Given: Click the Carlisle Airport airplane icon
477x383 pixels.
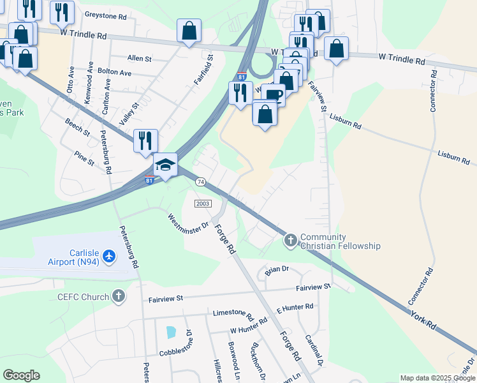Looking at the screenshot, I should click(109, 256).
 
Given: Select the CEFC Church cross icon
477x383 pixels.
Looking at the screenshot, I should click(118, 296).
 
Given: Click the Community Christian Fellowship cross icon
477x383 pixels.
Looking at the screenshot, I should click(291, 240).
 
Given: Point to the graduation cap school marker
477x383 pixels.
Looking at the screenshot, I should click(165, 165).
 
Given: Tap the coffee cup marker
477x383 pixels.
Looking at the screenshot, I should click(273, 94).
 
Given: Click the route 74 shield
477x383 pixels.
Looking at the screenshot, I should click(201, 182).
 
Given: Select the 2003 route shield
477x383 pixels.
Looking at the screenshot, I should click(202, 203).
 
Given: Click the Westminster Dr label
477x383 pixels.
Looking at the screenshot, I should click(189, 225).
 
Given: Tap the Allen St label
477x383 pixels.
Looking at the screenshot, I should click(140, 58).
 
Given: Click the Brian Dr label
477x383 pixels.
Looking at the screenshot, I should click(277, 270).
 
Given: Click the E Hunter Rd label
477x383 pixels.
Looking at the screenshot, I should click(295, 308).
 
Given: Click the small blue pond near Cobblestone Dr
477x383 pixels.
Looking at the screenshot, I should click(170, 332).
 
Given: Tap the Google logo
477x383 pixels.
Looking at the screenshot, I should click(21, 375).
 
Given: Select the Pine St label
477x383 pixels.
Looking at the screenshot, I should click(84, 158).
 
